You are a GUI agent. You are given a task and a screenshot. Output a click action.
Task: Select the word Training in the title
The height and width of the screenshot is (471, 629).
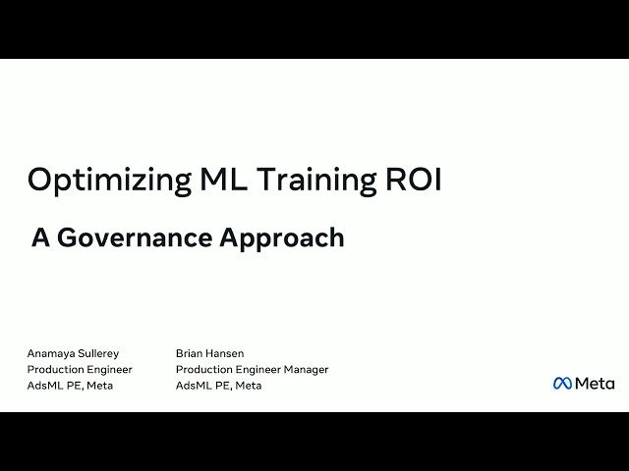click(x=314, y=181)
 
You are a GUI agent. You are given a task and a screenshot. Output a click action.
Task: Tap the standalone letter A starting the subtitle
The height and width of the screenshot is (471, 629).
click(x=40, y=237)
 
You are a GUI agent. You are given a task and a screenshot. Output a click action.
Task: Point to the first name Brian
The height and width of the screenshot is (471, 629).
click(x=190, y=353)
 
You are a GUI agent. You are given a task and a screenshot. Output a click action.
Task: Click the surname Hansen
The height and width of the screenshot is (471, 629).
click(x=226, y=353)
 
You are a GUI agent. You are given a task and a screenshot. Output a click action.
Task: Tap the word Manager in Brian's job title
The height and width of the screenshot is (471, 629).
click(x=305, y=370)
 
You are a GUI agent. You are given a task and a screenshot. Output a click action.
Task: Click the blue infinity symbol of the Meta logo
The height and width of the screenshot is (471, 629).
click(x=562, y=383)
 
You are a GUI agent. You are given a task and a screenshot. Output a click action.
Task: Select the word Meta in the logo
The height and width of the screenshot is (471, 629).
click(x=595, y=383)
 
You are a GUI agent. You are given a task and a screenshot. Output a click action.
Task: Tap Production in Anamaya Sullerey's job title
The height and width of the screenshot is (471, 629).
click(x=55, y=370)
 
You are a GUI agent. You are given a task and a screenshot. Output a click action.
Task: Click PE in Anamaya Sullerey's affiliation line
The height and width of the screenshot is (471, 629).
click(x=74, y=386)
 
